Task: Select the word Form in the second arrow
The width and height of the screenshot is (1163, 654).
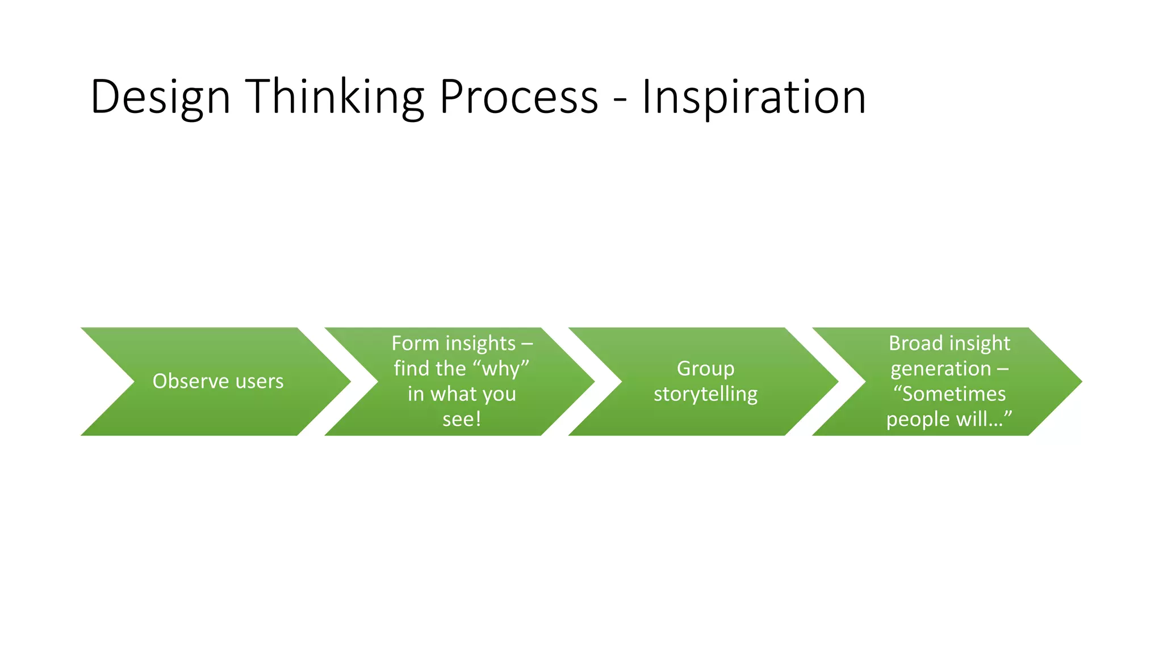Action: click(415, 343)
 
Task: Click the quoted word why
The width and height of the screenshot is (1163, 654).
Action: click(501, 369)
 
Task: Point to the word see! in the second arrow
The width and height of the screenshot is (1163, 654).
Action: click(462, 420)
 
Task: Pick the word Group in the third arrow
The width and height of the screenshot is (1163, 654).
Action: click(705, 369)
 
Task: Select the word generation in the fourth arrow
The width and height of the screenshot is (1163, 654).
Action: click(940, 369)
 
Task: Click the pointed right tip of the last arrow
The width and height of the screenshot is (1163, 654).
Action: click(1078, 381)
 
